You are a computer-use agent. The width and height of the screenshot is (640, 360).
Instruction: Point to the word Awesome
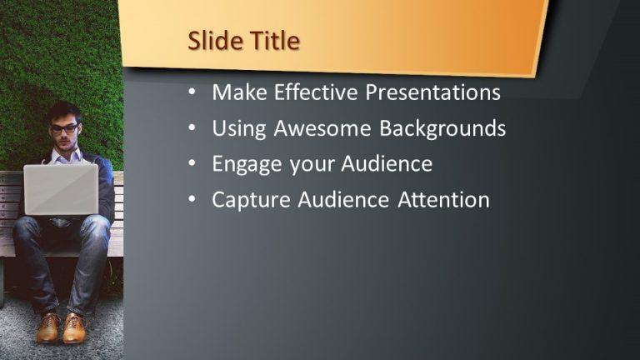pyautogui.click(x=320, y=128)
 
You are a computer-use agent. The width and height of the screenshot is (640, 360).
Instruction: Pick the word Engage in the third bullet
pyautogui.click(x=247, y=164)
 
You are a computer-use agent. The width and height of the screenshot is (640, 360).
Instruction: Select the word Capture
pyautogui.click(x=250, y=200)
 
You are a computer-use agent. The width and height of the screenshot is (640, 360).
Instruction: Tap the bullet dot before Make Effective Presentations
pyautogui.click(x=192, y=92)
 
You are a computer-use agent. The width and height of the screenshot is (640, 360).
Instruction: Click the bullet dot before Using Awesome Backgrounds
pyautogui.click(x=192, y=128)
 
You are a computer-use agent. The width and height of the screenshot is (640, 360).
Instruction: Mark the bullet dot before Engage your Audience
pyautogui.click(x=192, y=164)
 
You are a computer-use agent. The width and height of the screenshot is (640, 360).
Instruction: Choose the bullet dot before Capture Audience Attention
pyautogui.click(x=192, y=200)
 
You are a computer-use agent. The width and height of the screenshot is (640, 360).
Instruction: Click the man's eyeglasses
pyautogui.click(x=64, y=129)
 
